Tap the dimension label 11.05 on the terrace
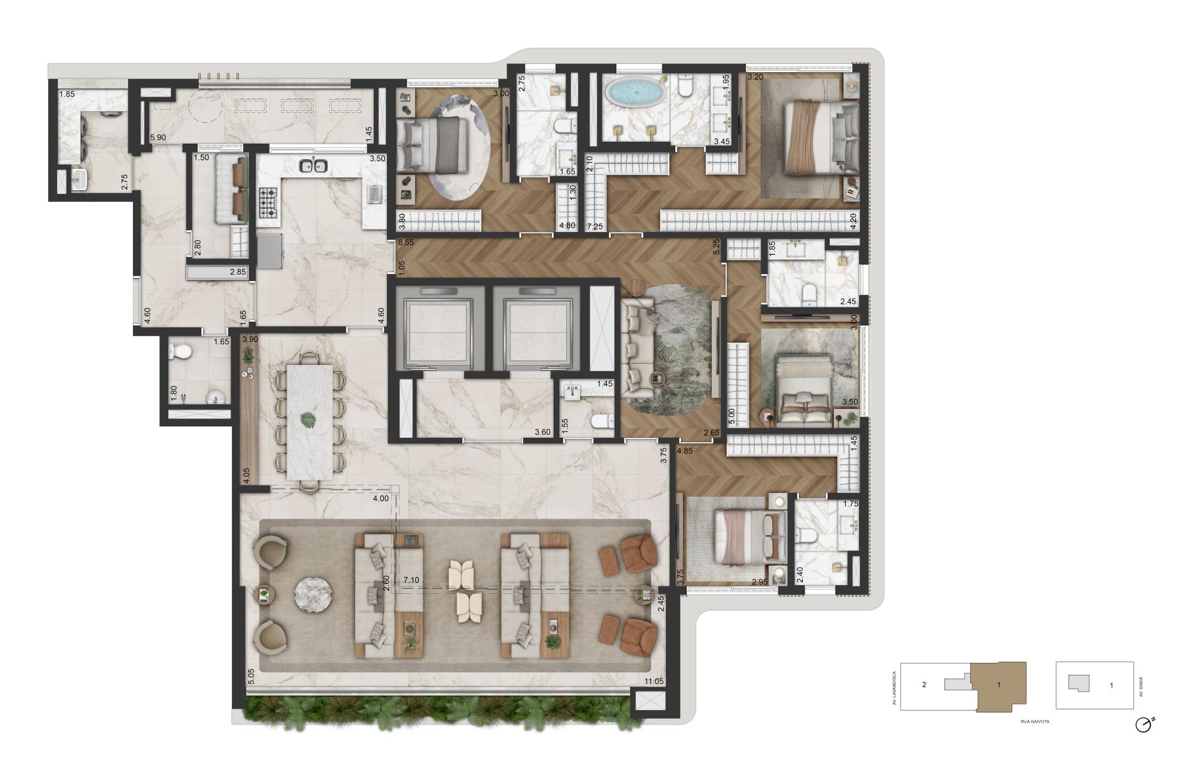(653, 682)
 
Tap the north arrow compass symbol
(1143, 724)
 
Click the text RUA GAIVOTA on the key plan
(1035, 722)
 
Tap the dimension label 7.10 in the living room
(411, 580)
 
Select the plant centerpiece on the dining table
(309, 419)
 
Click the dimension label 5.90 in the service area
(157, 137)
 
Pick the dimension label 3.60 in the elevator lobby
(542, 432)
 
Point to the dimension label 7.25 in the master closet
(595, 226)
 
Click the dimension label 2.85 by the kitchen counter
(238, 272)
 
